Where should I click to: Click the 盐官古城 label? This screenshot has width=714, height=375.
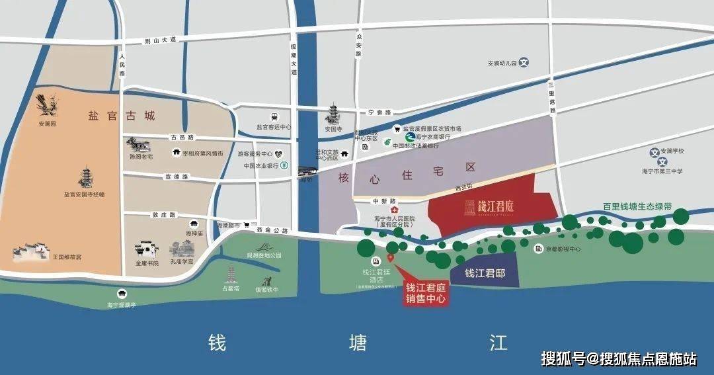pyautogui.click(x=121, y=116)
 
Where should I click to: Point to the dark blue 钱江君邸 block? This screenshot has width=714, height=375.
pyautogui.click(x=485, y=273)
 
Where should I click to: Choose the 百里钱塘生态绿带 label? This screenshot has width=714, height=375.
pyautogui.click(x=637, y=206)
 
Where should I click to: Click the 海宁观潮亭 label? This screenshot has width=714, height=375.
pyautogui.click(x=121, y=305)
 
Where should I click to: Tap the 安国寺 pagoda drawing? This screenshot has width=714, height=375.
pyautogui.click(x=332, y=116)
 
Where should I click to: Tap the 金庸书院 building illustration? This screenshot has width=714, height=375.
pyautogui.click(x=147, y=250)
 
